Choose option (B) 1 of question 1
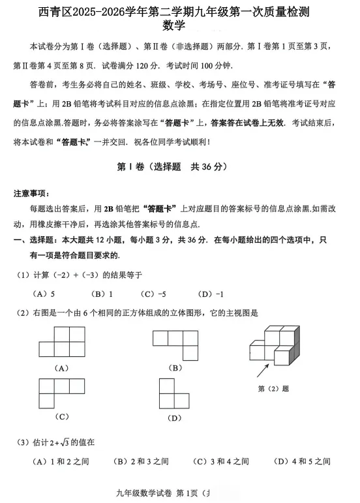pyautogui.click(x=102, y=293)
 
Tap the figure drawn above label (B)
pyautogui.click(x=175, y=344)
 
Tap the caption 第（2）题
pyautogui.click(x=274, y=388)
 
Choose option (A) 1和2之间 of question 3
pyautogui.click(x=61, y=461)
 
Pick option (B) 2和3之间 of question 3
pyautogui.click(x=141, y=461)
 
